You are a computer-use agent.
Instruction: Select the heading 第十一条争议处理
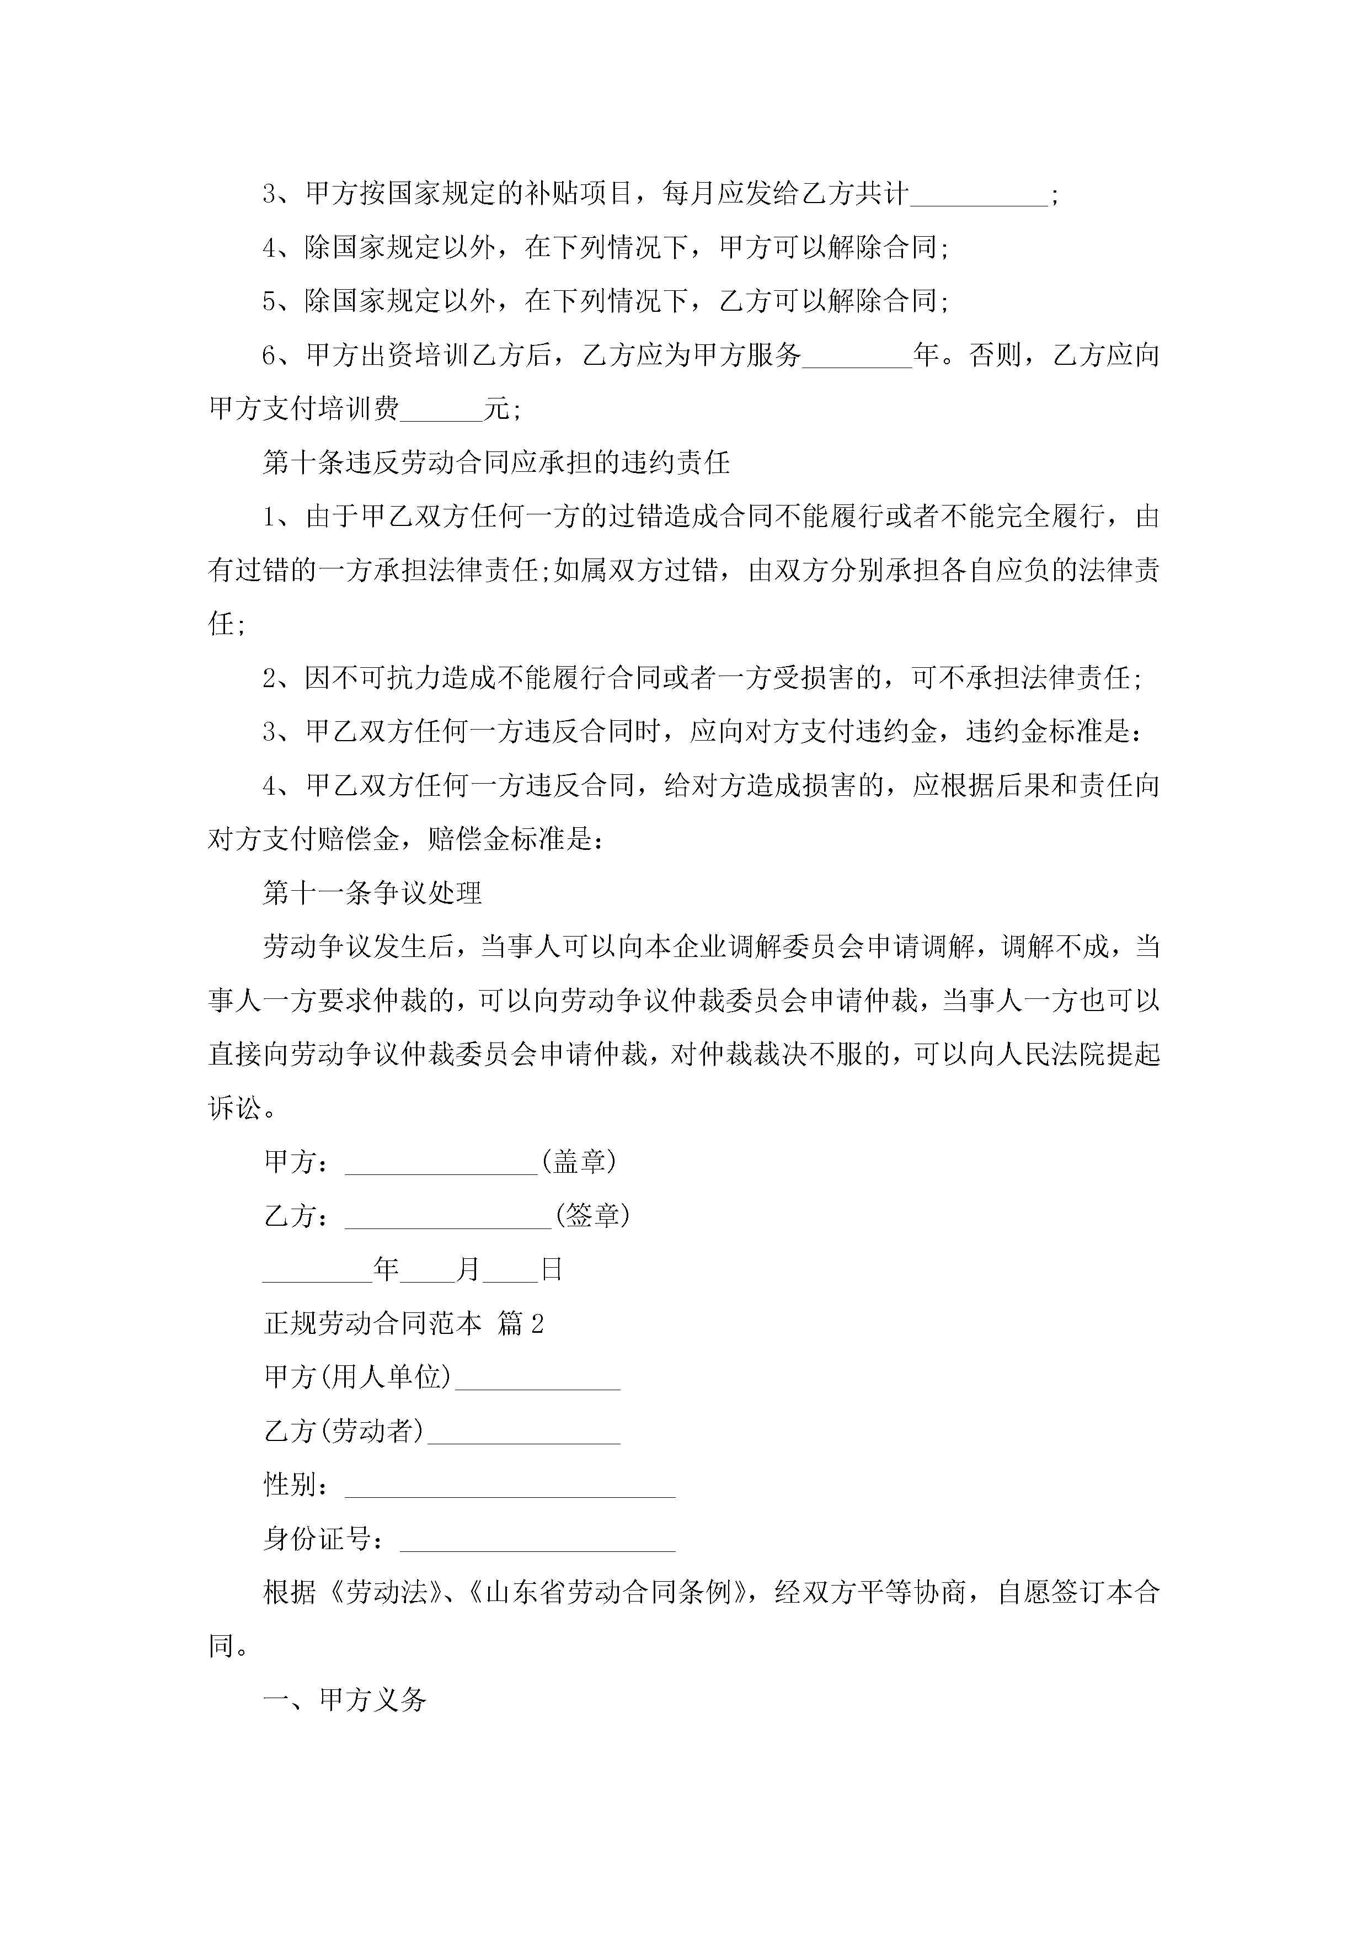[x=372, y=893]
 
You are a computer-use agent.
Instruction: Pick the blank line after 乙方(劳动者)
[x=523, y=1432]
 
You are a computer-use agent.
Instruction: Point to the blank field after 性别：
[x=510, y=1486]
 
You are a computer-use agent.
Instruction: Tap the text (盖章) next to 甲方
[x=579, y=1162]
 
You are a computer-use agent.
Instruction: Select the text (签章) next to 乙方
[x=592, y=1216]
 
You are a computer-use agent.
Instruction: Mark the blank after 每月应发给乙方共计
[x=979, y=195]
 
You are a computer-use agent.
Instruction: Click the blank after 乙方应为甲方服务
[x=857, y=357]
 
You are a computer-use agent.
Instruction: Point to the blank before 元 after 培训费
[x=442, y=411]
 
